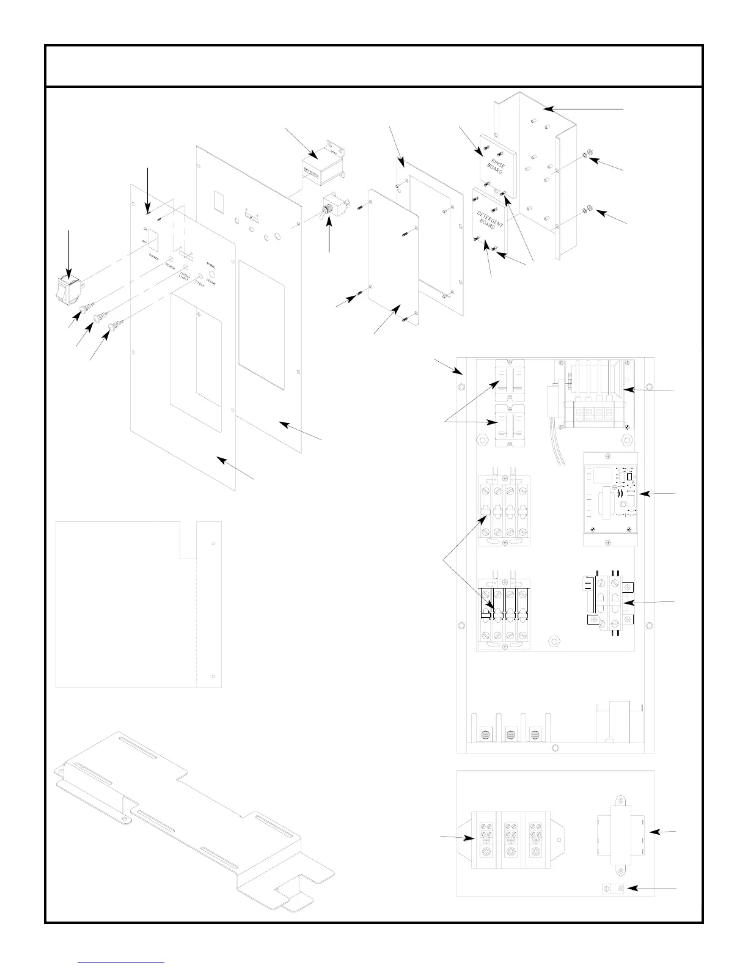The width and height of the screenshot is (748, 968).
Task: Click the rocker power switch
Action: click(68, 289)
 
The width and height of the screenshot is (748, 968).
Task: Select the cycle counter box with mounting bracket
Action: click(320, 164)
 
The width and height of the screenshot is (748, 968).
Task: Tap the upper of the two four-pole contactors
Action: click(503, 510)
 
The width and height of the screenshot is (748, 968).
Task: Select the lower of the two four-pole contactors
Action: click(503, 614)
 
